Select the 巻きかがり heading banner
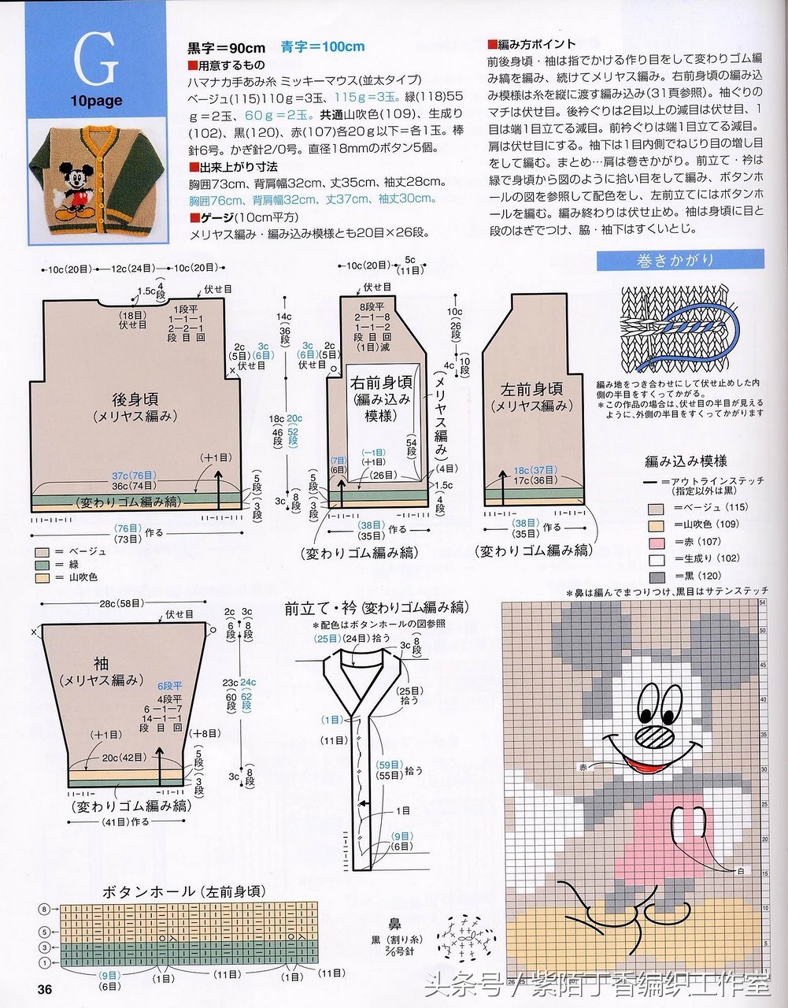(680, 260)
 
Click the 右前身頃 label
(381, 383)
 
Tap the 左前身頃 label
(531, 389)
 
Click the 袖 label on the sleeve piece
(101, 663)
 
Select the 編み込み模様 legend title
(686, 461)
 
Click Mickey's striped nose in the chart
(653, 736)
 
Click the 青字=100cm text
(323, 46)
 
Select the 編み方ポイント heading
(531, 44)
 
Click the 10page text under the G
(96, 101)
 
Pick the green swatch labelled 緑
(43, 565)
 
